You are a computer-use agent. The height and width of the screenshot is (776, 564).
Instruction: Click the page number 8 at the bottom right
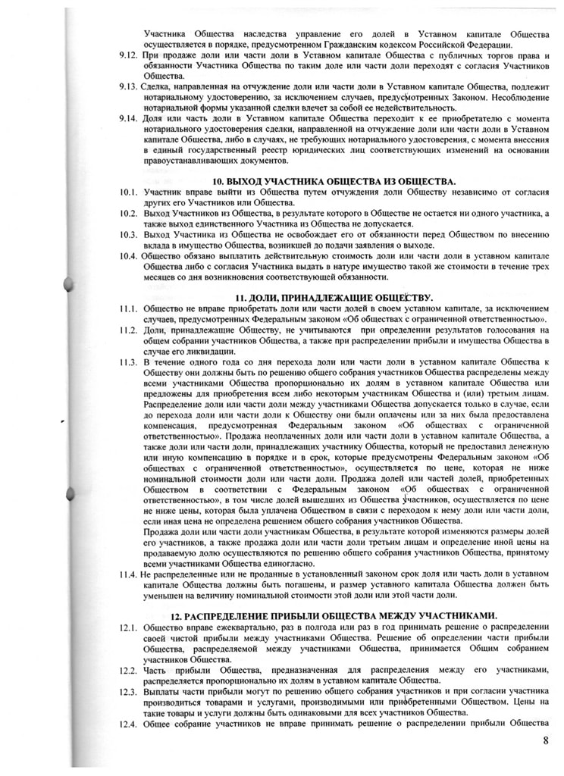[544, 740]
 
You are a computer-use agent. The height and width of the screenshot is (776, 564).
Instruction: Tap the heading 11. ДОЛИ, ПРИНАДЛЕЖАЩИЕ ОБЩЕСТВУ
[334, 297]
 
